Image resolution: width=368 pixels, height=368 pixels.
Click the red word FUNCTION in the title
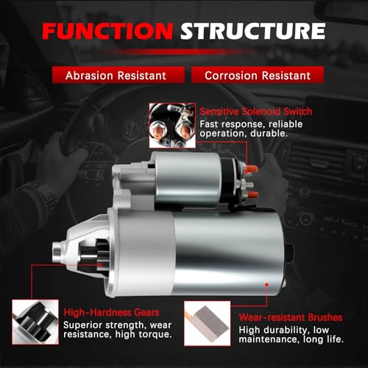click(107, 31)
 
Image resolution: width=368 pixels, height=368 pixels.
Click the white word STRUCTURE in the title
click(253, 31)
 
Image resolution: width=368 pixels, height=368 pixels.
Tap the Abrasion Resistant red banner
click(118, 75)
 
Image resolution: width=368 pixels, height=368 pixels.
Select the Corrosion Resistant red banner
click(258, 75)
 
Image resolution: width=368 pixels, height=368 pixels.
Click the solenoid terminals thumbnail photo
click(172, 125)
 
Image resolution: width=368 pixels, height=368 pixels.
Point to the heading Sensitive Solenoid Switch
click(256, 111)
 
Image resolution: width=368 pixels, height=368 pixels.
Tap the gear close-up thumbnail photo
click(35, 322)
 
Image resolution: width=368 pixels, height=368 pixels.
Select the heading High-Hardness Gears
click(111, 313)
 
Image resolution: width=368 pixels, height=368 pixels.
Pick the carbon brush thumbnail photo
click(208, 323)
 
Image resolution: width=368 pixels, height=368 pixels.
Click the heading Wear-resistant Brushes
click(291, 317)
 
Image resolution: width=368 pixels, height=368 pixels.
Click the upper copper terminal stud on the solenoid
click(252, 169)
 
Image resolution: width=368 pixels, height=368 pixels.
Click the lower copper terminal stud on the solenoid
click(252, 195)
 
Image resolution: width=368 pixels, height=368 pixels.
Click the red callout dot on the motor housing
click(267, 285)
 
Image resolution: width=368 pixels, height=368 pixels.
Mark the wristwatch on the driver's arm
click(46, 196)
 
